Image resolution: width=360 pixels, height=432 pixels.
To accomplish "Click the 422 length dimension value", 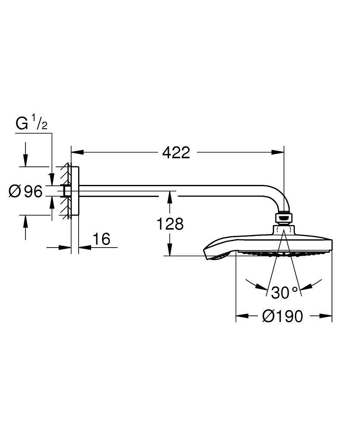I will [x=176, y=152].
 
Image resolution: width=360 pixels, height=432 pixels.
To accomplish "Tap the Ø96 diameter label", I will [x=26, y=191].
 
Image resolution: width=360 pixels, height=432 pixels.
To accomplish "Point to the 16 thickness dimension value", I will [x=101, y=238].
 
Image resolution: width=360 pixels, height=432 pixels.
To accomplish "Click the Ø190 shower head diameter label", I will [x=283, y=316].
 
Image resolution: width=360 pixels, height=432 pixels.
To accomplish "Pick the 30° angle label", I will [x=284, y=292].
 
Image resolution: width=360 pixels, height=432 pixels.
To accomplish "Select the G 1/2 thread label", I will [x=32, y=124].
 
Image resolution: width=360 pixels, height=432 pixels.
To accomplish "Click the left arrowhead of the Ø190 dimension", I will [x=241, y=316].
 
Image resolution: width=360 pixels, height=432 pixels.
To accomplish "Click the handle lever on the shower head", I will [x=213, y=253].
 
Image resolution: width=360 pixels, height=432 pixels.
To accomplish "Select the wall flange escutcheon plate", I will [x=74, y=191].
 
